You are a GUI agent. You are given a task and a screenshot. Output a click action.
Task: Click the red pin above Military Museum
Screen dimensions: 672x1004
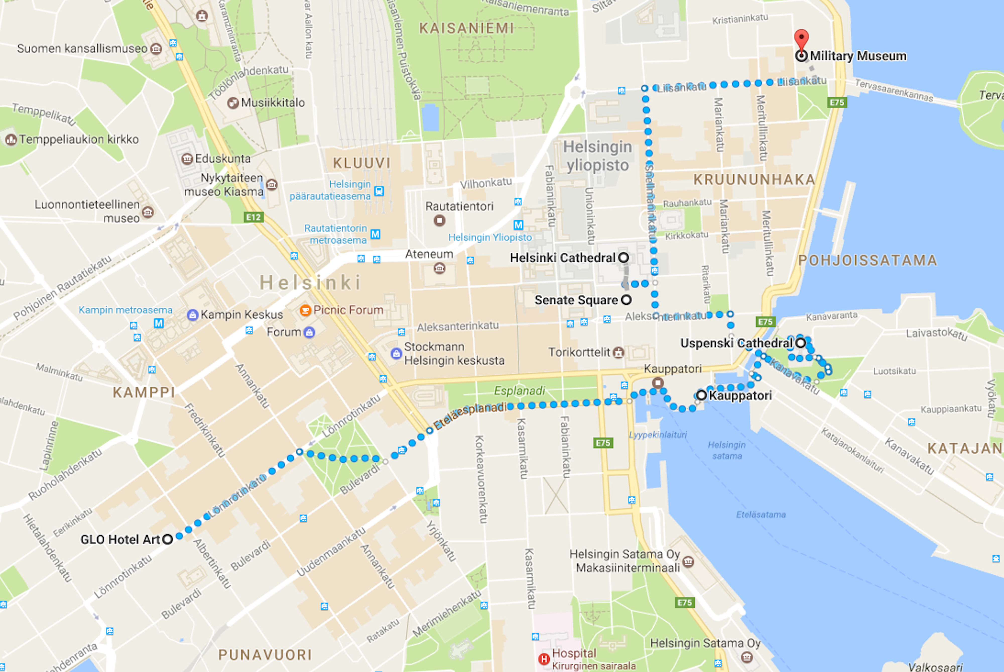[801, 39]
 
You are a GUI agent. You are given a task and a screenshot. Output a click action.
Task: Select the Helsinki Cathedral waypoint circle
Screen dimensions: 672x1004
[624, 257]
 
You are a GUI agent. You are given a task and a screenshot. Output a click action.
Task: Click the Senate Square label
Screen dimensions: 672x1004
[576, 300]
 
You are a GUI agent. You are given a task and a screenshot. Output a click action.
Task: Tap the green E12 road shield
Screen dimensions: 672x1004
[253, 217]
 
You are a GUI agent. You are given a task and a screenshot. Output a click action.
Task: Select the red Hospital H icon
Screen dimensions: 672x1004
[544, 659]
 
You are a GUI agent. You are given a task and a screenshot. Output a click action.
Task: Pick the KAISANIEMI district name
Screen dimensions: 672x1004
[466, 28]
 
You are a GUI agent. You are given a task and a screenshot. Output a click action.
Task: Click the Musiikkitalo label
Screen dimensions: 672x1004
[273, 103]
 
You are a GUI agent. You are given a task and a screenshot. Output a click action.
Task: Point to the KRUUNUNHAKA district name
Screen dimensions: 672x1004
[754, 180]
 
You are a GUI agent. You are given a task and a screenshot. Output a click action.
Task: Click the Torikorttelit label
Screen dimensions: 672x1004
[579, 352]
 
